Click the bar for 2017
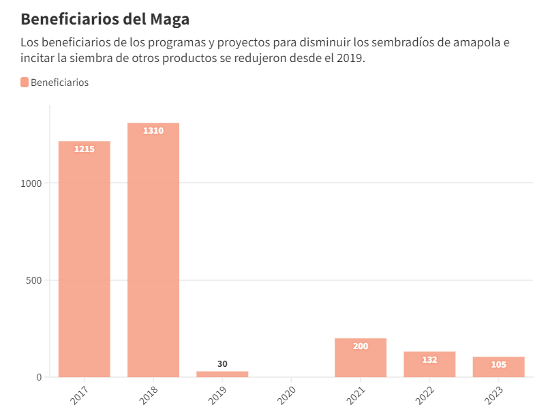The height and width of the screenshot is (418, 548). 85,259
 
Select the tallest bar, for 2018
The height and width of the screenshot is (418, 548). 153,250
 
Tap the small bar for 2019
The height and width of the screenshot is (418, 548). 222,374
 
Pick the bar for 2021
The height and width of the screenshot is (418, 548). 361,357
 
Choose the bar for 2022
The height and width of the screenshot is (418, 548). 429,364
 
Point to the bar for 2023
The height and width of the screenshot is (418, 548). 498,367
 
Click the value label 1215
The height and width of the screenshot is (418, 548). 85,149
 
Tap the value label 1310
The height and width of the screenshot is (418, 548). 153,130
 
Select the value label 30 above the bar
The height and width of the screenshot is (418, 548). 222,363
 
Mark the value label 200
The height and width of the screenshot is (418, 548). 361,346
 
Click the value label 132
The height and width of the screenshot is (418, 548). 429,359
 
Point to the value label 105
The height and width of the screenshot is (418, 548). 498,364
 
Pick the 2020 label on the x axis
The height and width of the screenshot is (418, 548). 288,394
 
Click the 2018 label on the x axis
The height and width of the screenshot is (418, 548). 149,394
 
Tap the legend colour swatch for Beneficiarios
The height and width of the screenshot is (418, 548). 25,83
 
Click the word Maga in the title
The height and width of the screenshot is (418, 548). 167,18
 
